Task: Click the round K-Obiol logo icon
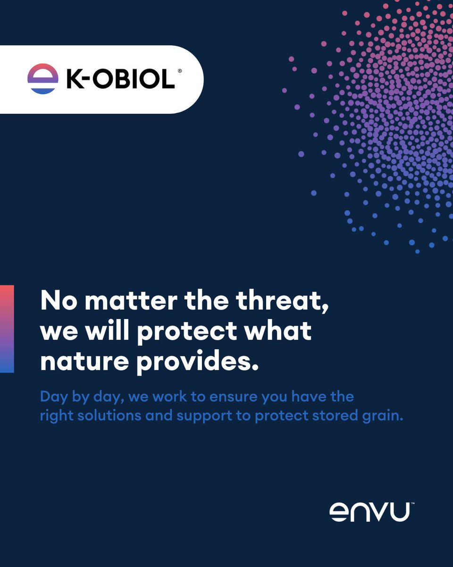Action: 43,79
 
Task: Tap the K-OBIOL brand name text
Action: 120,79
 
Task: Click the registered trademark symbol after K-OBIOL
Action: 179,71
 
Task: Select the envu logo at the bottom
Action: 369,512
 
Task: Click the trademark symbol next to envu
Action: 412,504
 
